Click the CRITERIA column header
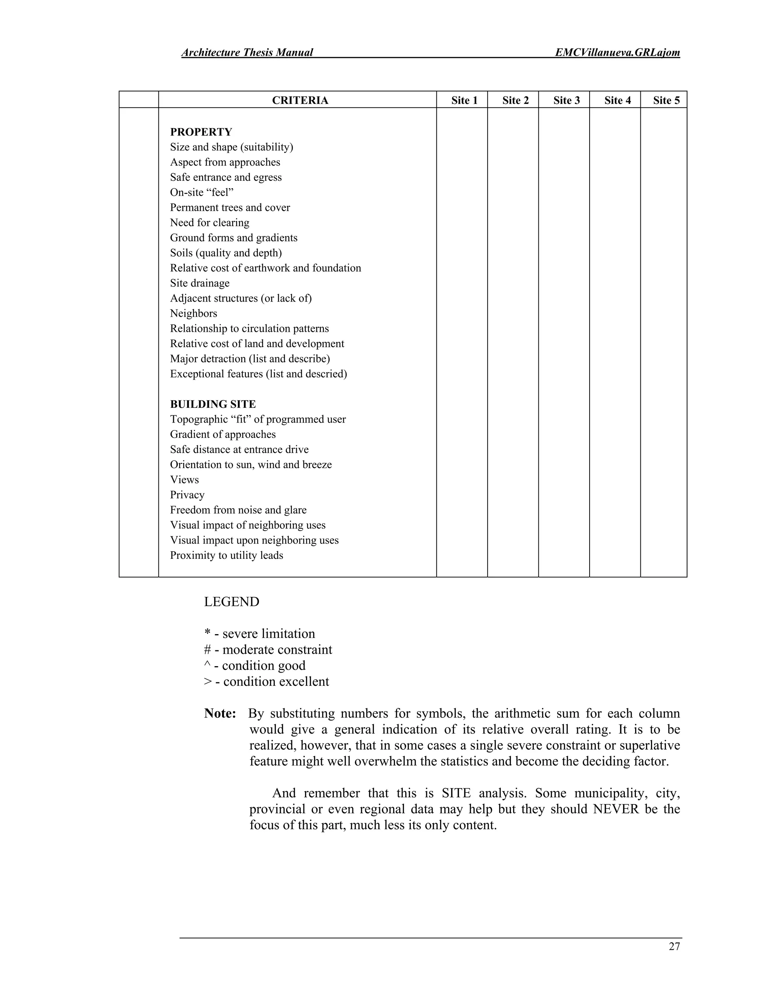(300, 101)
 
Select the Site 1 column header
(464, 101)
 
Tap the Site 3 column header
(566, 101)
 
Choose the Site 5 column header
(666, 101)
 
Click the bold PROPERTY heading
(201, 132)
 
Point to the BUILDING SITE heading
(213, 404)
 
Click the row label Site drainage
(200, 283)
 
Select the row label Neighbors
(193, 313)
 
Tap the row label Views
(184, 480)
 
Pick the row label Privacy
(187, 495)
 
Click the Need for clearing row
(210, 223)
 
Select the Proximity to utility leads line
(227, 555)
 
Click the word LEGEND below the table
(232, 602)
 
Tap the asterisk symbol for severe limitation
(207, 633)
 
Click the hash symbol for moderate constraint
(207, 650)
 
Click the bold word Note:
(220, 714)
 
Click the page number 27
(674, 946)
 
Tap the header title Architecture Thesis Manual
(247, 53)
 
